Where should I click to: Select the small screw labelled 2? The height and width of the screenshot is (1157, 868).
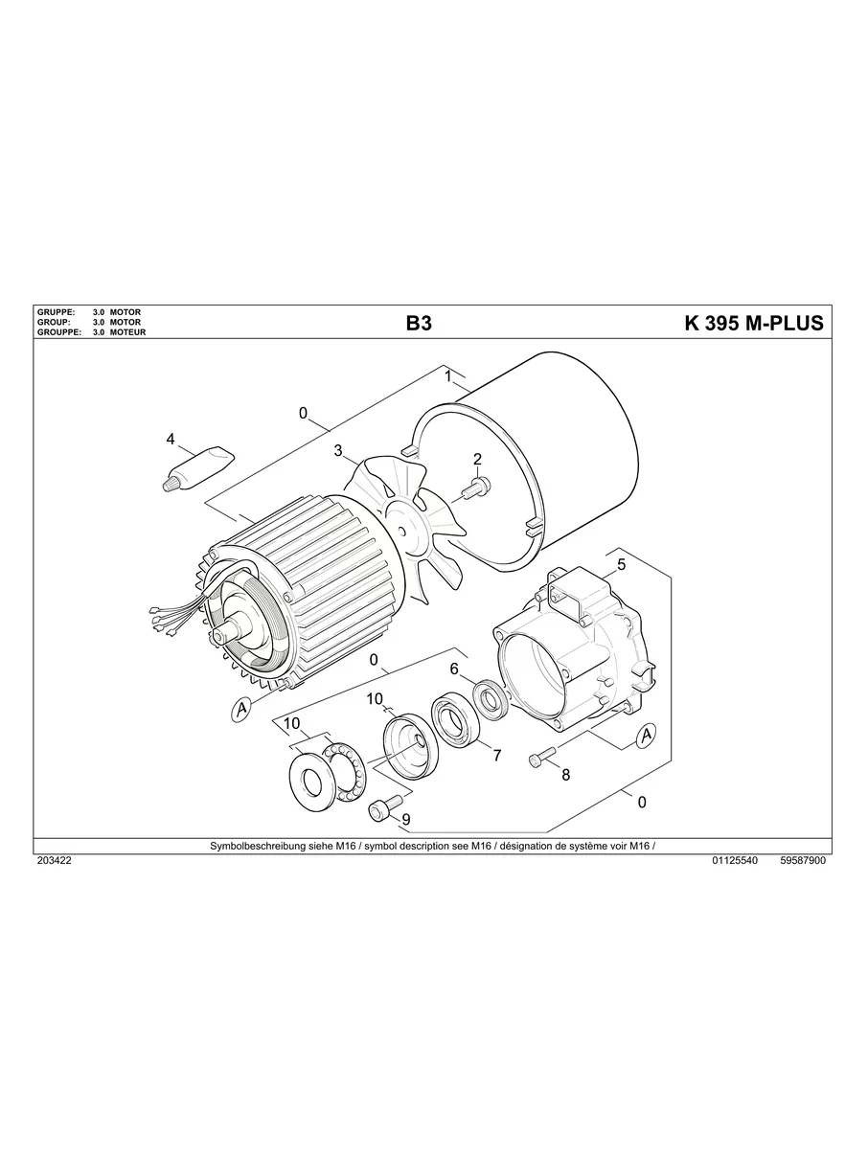click(x=473, y=490)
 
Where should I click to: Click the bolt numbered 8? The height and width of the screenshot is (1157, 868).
click(x=539, y=757)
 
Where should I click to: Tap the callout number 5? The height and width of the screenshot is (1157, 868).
click(x=621, y=564)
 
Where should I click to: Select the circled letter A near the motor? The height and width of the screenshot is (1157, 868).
click(x=241, y=709)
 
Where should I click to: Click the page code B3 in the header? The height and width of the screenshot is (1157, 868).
click(x=419, y=324)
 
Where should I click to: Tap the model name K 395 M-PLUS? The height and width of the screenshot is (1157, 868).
click(x=753, y=324)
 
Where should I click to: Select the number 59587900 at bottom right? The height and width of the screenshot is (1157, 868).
click(x=803, y=861)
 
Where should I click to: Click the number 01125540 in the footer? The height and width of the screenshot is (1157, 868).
click(x=735, y=861)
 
